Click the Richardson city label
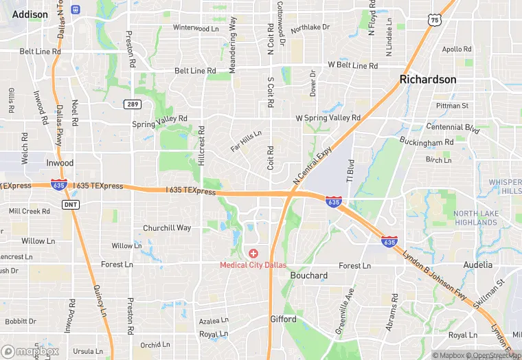(428, 80)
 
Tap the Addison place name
(30, 14)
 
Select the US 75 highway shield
(434, 21)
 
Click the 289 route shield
(133, 104)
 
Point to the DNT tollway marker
(70, 205)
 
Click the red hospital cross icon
(253, 254)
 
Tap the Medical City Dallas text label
(253, 265)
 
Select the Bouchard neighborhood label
(308, 275)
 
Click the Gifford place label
(283, 319)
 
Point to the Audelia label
(478, 265)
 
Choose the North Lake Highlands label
(476, 218)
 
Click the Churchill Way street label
(167, 228)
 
